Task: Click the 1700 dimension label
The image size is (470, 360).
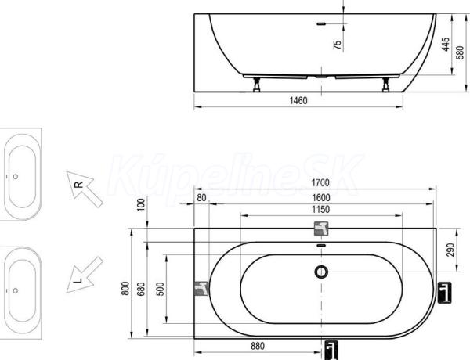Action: click(x=320, y=182)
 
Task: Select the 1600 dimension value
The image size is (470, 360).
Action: click(x=320, y=198)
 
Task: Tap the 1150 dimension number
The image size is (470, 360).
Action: click(x=320, y=210)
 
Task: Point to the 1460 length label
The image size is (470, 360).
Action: click(x=298, y=100)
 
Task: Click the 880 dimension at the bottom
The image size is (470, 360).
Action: click(x=258, y=346)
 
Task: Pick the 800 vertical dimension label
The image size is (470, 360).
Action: click(x=125, y=289)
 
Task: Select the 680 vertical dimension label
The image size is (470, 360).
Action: click(x=141, y=289)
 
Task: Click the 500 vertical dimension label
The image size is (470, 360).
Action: click(x=161, y=289)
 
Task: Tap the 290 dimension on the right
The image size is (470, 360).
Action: click(x=450, y=250)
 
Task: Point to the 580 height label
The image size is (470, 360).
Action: click(x=460, y=52)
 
